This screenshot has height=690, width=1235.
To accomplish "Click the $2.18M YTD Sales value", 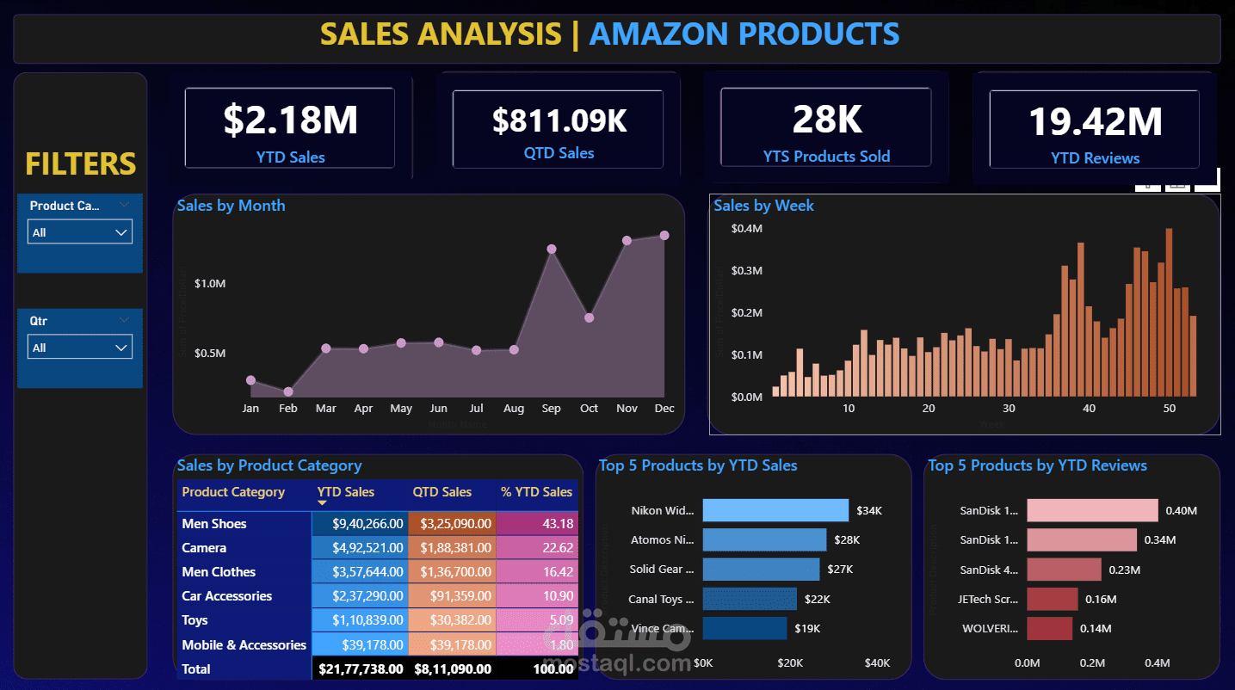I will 290,120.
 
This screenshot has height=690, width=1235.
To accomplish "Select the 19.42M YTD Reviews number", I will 1095,122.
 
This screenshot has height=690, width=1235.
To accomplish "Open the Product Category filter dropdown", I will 80,232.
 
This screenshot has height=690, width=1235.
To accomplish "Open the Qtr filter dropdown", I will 80,348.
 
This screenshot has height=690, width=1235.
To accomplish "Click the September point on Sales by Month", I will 552,250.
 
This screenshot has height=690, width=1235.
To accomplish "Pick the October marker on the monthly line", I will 589,317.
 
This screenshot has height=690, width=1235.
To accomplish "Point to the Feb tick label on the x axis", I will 287,409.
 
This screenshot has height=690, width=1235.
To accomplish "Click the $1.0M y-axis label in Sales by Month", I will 210,284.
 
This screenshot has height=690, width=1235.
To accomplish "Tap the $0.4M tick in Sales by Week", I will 746,229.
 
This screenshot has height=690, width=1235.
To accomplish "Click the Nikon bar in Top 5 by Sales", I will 775,510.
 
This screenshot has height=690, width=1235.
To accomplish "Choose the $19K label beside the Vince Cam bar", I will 807,629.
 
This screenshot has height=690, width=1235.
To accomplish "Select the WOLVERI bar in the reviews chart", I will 1049,628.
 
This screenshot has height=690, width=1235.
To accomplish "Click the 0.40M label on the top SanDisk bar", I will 1181,511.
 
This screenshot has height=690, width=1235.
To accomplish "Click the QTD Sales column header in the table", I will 442,492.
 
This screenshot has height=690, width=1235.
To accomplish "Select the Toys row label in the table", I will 195,620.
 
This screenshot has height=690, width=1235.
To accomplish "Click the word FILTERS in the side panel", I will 80,163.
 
